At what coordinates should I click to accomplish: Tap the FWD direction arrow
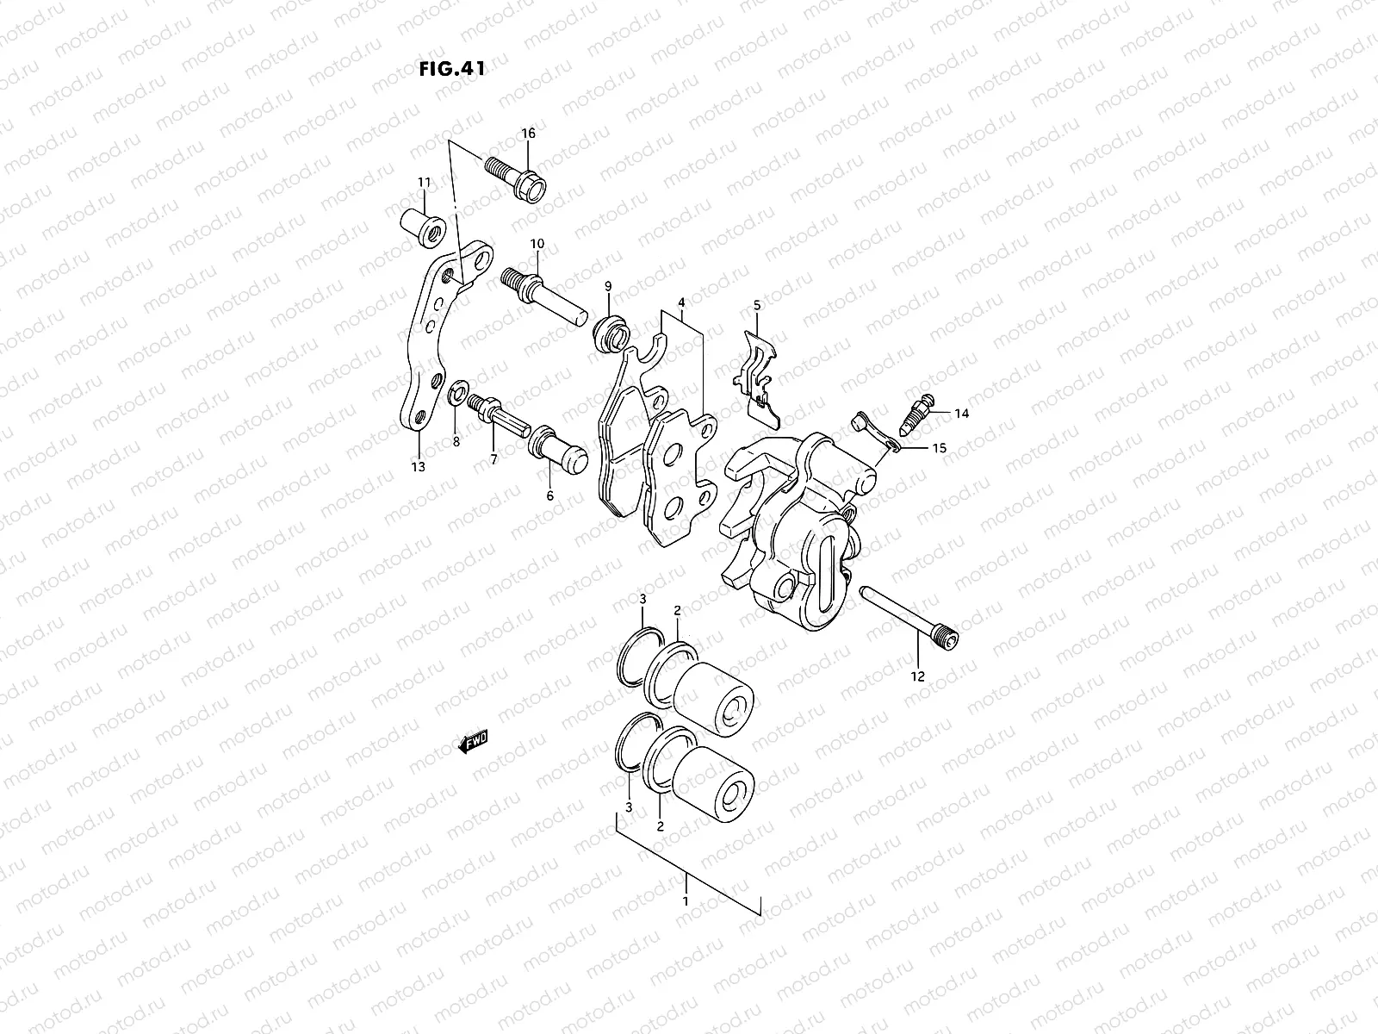[x=473, y=742]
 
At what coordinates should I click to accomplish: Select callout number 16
[x=528, y=134]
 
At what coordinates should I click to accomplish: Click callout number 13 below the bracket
[x=419, y=467]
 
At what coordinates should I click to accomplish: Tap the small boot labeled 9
[x=611, y=333]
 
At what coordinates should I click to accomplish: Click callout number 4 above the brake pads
[x=681, y=303]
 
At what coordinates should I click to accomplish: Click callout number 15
[x=938, y=449]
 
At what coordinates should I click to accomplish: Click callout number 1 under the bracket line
[x=686, y=901]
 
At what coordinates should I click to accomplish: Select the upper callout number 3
[x=642, y=600]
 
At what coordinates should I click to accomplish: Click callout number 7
[x=494, y=459]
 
